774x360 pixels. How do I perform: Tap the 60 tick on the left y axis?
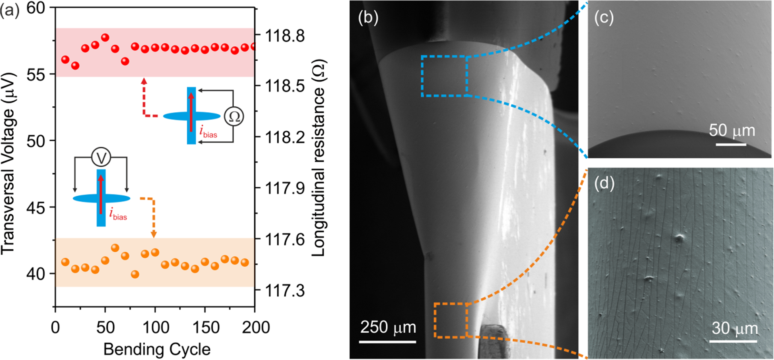click(36, 8)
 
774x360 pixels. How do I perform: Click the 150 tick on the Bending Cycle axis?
click(205, 327)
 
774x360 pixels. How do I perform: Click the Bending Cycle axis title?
click(157, 349)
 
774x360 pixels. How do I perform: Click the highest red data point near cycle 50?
click(105, 38)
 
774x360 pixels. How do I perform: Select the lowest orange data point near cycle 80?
click(135, 274)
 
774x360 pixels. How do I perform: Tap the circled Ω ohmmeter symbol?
click(234, 116)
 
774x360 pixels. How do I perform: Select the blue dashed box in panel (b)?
click(444, 76)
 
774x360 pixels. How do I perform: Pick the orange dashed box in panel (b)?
click(451, 320)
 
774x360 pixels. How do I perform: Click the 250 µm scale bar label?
click(388, 327)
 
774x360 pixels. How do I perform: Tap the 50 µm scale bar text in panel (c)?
click(731, 131)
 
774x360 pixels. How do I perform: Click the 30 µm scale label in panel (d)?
click(735, 329)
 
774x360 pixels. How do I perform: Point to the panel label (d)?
click(604, 184)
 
